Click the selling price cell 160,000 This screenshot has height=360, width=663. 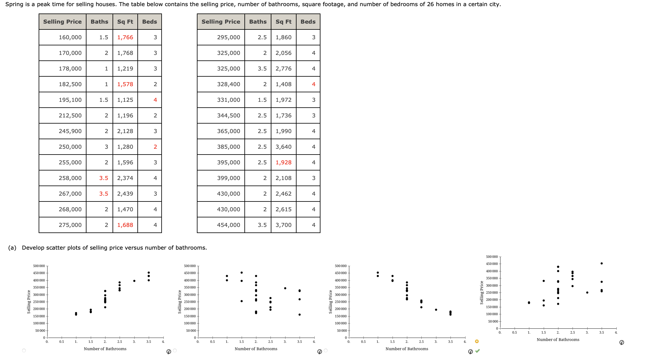[x=70, y=37]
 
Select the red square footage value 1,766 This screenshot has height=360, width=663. [x=125, y=37]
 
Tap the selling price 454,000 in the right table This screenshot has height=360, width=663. [x=228, y=225]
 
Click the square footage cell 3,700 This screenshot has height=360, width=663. [x=283, y=225]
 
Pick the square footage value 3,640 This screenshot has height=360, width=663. [x=283, y=147]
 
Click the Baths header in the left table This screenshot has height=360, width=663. [x=99, y=22]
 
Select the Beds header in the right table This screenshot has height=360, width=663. [x=308, y=22]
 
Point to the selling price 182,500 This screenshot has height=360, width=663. [x=70, y=84]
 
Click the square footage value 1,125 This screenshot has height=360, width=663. [x=125, y=100]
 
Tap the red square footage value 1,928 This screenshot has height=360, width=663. [x=283, y=163]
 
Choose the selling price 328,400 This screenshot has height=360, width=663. [x=228, y=84]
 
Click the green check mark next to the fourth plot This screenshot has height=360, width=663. [x=477, y=351]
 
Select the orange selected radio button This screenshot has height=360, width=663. [x=477, y=341]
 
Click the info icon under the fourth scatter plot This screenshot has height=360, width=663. [x=622, y=343]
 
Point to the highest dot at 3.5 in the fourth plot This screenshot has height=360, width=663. [x=601, y=263]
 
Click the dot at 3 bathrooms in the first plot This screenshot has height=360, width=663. [x=134, y=281]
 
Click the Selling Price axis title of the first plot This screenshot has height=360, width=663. [x=29, y=302]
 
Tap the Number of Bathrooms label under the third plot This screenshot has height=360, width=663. [x=407, y=349]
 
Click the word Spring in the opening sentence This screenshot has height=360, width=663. [x=14, y=4]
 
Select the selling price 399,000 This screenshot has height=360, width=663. [x=228, y=178]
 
